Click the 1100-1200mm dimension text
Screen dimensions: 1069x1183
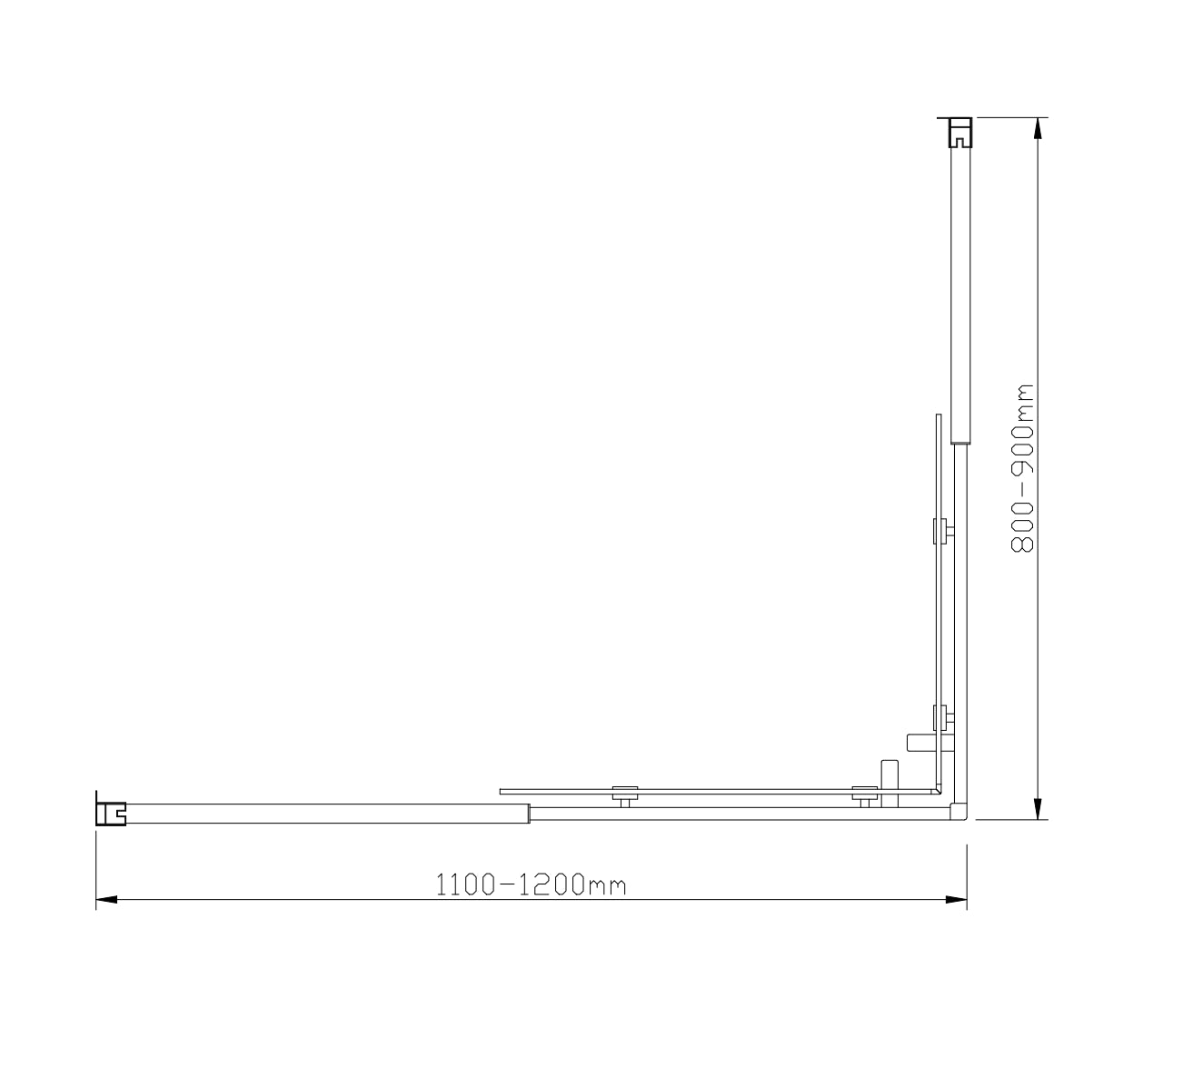click(531, 884)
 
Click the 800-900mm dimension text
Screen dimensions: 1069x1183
click(1023, 468)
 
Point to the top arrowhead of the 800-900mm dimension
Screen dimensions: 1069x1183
click(1038, 128)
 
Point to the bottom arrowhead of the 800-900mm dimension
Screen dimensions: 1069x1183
click(1038, 808)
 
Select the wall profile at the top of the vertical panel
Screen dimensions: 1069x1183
click(959, 133)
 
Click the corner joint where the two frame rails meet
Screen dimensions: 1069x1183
click(958, 810)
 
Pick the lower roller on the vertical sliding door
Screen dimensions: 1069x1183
click(944, 718)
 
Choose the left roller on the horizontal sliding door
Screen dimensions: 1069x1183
click(623, 795)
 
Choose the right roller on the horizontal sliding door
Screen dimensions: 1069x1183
click(864, 795)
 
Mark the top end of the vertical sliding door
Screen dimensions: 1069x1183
click(938, 418)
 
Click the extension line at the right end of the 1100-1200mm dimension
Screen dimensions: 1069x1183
click(967, 873)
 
